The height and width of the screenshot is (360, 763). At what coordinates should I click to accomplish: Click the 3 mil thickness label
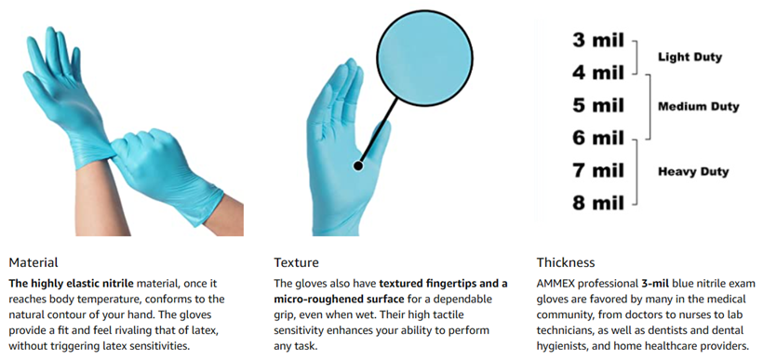[x=597, y=40]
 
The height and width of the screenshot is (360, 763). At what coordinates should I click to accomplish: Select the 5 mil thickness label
[x=597, y=105]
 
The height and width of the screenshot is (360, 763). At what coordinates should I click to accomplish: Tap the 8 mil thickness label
[x=597, y=203]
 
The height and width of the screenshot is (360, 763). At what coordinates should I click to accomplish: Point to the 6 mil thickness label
[x=597, y=138]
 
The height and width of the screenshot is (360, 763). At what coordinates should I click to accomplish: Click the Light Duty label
[x=689, y=58]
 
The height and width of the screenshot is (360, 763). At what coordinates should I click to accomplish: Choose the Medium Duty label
[x=698, y=107]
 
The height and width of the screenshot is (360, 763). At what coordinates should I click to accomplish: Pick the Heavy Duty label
[x=693, y=172]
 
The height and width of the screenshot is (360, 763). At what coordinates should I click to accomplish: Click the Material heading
[x=33, y=262]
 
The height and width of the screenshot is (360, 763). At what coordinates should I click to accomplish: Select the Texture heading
[x=296, y=262]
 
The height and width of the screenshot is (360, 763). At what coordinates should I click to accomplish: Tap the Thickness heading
[x=566, y=262]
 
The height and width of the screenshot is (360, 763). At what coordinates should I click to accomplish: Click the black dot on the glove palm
[x=358, y=166]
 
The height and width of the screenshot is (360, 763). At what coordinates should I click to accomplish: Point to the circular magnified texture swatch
[x=425, y=59]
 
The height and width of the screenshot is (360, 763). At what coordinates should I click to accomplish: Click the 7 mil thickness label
[x=597, y=170]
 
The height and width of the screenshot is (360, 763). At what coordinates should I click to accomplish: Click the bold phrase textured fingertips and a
[x=443, y=284]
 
